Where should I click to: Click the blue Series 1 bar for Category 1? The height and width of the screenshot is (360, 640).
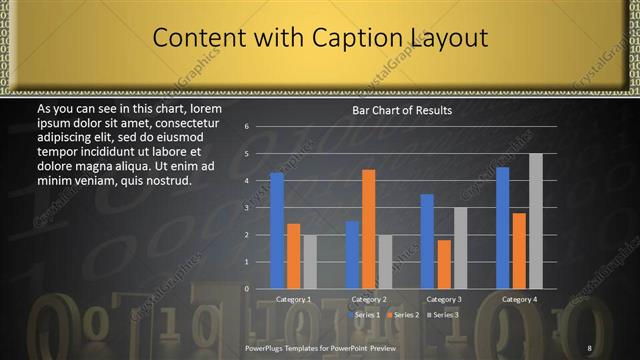coord(277,230)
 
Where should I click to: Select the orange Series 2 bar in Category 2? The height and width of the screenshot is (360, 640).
coord(369,229)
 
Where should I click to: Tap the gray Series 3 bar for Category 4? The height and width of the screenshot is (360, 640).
coord(536,221)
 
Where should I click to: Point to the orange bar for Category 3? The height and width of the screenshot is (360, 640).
coord(444,264)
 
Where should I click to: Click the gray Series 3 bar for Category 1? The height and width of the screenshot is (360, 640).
coord(310,262)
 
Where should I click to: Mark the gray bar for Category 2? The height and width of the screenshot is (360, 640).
coord(386,262)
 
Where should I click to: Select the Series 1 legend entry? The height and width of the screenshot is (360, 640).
coord(366,315)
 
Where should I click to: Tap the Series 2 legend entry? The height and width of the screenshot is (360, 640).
coord(405,315)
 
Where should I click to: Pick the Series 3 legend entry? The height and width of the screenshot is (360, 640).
coord(444,315)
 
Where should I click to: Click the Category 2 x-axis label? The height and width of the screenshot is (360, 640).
coord(369,299)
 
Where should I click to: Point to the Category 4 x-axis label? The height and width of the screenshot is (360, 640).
coord(519,299)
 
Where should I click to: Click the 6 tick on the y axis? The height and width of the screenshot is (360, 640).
coord(246,127)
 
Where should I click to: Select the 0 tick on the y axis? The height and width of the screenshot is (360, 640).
coord(246,289)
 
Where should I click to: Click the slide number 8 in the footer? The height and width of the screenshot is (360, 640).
coord(589,347)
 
